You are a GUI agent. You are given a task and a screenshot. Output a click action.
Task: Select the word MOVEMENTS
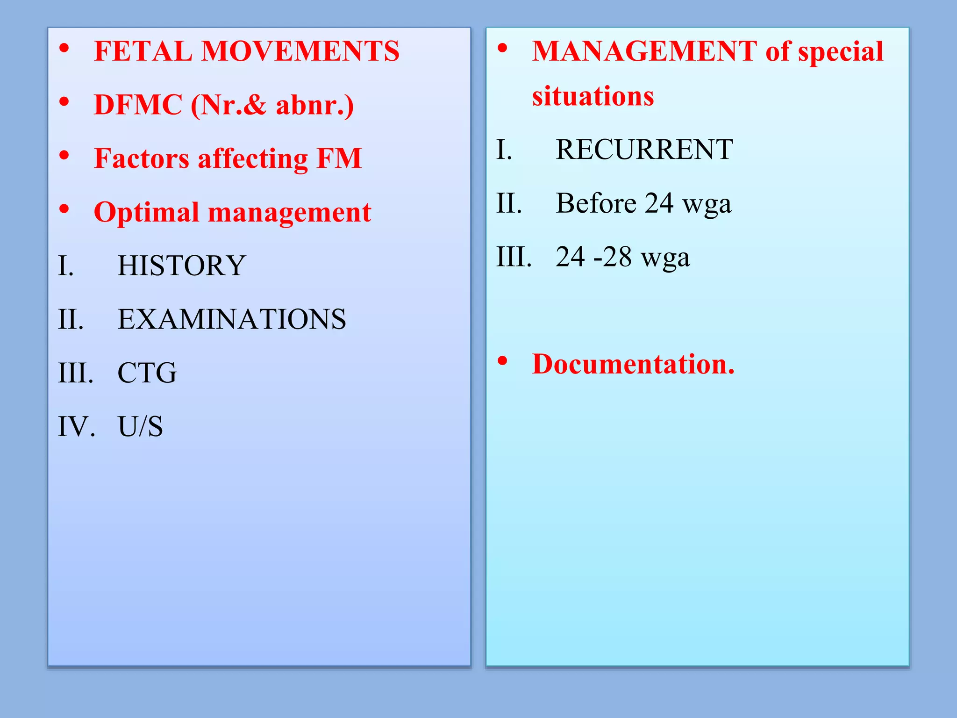coord(300,51)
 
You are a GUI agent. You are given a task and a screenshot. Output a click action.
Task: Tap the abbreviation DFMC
coord(138,105)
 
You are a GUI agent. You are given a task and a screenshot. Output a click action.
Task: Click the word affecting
coord(253,159)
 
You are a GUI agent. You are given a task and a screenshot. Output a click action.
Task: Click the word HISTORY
coord(182,266)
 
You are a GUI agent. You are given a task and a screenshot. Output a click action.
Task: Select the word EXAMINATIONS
coord(232,319)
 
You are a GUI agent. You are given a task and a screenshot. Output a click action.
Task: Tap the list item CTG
coord(147,373)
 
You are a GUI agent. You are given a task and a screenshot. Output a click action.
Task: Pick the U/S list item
coord(140,427)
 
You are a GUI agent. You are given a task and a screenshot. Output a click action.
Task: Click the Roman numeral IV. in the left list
coord(76,427)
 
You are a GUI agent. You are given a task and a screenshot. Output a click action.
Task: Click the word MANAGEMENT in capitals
coord(644,51)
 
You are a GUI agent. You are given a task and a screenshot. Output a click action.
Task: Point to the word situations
coord(593,96)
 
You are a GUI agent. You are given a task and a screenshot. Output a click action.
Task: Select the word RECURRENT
coord(644,150)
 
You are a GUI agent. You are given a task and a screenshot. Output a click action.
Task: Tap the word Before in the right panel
coord(596,203)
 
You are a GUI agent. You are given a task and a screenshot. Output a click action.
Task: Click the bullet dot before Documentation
coord(502,360)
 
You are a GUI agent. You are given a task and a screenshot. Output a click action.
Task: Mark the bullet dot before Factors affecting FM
coord(64,155)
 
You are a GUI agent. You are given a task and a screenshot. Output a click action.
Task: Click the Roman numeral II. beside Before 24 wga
coord(509,203)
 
